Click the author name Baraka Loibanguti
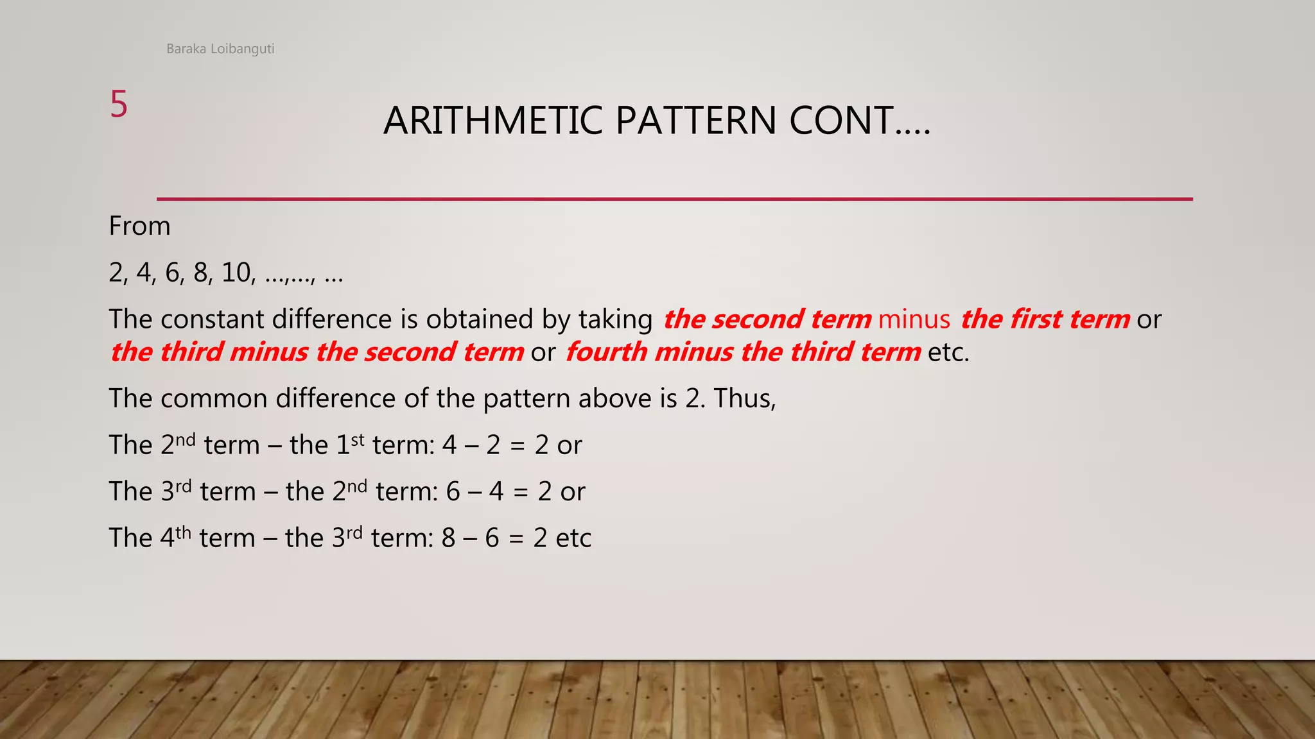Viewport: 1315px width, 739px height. pyautogui.click(x=220, y=49)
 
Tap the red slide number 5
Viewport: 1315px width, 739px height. pyautogui.click(x=119, y=104)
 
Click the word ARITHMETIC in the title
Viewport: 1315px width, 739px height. pyautogui.click(x=492, y=121)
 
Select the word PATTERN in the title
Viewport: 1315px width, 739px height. pyautogui.click(x=696, y=121)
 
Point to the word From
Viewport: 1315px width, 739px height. pyautogui.click(x=139, y=226)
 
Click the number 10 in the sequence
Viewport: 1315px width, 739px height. pyautogui.click(x=236, y=273)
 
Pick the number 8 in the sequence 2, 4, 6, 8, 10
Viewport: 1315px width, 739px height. pyautogui.click(x=201, y=273)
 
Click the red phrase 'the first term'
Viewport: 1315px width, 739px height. pyautogui.click(x=1045, y=319)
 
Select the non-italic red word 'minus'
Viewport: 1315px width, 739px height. pyautogui.click(x=914, y=319)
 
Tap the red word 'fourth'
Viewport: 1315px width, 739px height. pyautogui.click(x=606, y=352)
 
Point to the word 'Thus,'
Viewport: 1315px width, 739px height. pyautogui.click(x=745, y=398)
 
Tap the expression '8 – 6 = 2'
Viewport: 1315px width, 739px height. pyautogui.click(x=494, y=538)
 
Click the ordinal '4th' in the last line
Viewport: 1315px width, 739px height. pyautogui.click(x=175, y=537)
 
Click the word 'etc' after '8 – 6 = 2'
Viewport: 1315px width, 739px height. pyautogui.click(x=573, y=538)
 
